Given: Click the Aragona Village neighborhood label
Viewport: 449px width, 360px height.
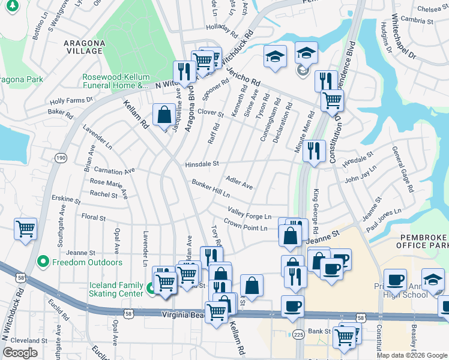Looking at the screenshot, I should (x=85, y=47).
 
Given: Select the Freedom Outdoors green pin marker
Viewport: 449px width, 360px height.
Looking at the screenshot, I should (x=43, y=262).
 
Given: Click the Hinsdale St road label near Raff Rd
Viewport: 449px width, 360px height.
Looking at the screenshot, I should (x=202, y=163).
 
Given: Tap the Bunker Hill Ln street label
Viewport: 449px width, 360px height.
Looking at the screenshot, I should (x=211, y=188).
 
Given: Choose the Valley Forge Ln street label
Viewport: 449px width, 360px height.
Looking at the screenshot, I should (x=250, y=212).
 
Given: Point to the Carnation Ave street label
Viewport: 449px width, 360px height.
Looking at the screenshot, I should (x=115, y=171).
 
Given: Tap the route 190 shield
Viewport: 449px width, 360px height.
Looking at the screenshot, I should (x=60, y=157).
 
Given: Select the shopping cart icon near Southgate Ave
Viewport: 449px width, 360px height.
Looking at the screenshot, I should (x=25, y=228).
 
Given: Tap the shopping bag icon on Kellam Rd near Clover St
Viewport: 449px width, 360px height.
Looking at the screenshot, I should (x=164, y=114).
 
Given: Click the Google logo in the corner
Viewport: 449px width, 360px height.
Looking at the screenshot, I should (x=20, y=353).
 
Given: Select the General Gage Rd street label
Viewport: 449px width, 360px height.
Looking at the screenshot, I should (x=403, y=169).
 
